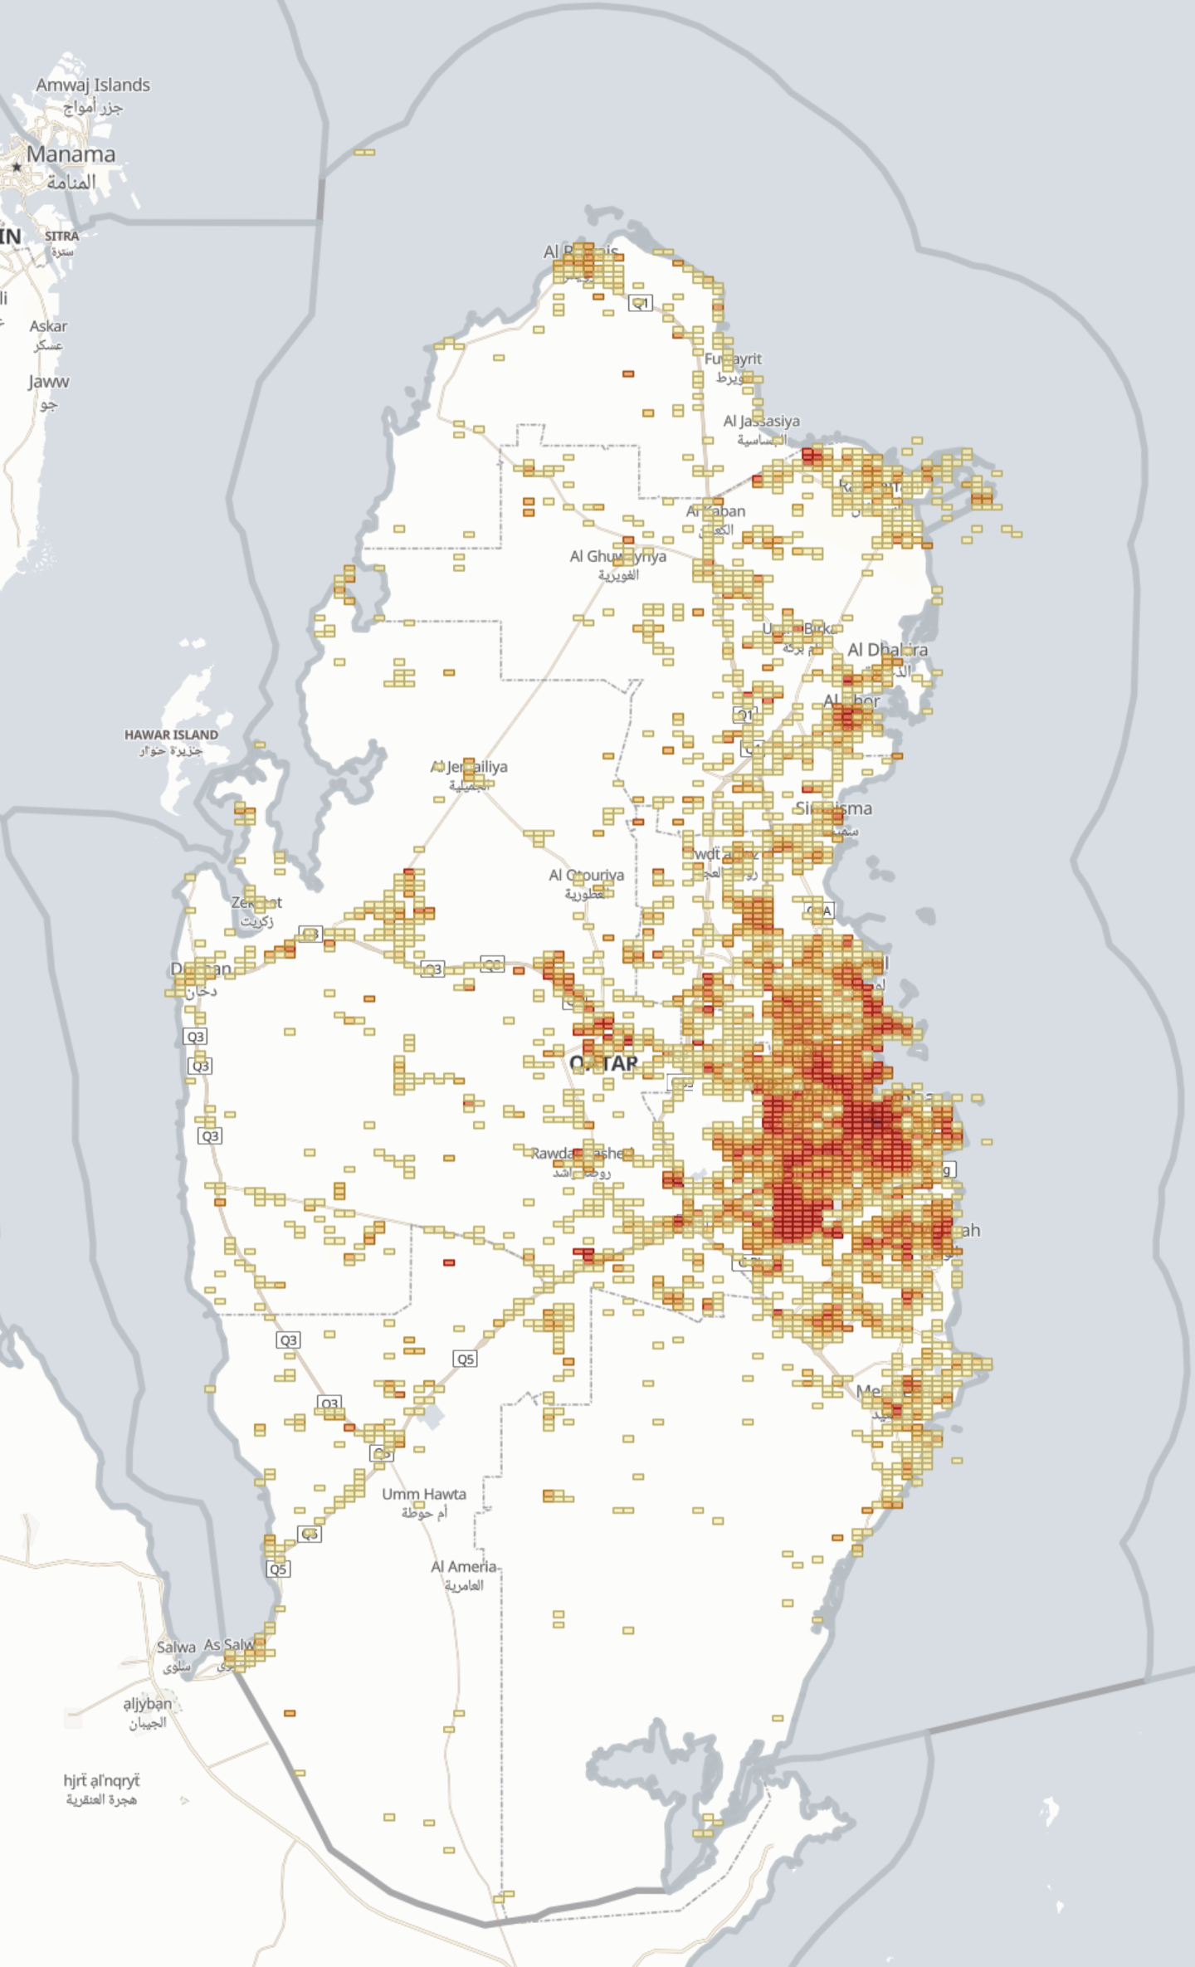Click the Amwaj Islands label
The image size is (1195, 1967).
click(x=93, y=85)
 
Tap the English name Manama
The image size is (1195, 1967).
click(x=71, y=154)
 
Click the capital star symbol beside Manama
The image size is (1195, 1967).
click(x=16, y=167)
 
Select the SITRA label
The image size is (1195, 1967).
click(x=62, y=236)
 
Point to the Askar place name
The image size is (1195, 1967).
click(x=48, y=326)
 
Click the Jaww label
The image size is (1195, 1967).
click(x=48, y=382)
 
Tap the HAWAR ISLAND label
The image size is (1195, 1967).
click(x=171, y=735)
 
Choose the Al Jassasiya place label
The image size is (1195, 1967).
click(x=761, y=422)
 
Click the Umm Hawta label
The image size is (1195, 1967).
click(x=424, y=1494)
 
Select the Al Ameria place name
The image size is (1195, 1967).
click(x=463, y=1567)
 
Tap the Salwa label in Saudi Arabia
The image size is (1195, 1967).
click(x=176, y=1647)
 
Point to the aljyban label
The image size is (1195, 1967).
click(x=148, y=1704)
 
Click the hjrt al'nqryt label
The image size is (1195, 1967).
click(x=101, y=1780)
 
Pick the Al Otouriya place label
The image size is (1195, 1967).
click(x=586, y=875)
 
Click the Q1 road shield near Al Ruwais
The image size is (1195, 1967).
click(x=640, y=303)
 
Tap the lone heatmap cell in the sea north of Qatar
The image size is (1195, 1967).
click(x=364, y=152)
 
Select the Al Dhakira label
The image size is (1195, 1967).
click(x=887, y=650)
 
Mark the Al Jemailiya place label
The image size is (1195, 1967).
click(x=469, y=767)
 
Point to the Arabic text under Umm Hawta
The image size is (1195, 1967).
click(x=424, y=1513)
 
